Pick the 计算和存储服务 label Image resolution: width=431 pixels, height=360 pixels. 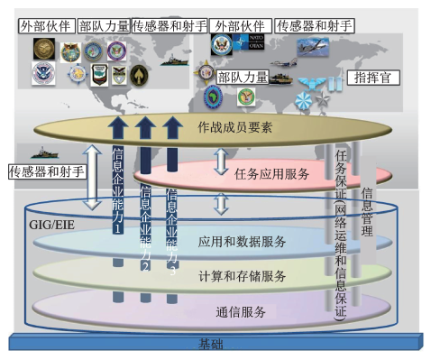point(241,274)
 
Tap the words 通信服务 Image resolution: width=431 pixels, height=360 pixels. point(241,312)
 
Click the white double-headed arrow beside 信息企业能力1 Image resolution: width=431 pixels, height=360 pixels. point(91,180)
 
